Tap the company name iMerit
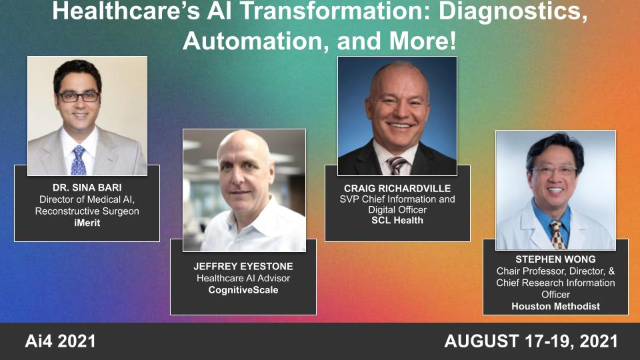tap(87, 223)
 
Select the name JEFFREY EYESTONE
tap(243, 266)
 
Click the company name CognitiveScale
tap(243, 290)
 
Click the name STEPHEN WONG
tap(555, 259)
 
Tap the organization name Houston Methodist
tap(555, 306)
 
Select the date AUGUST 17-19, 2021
tap(531, 342)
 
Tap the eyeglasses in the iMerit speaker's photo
tap(78, 97)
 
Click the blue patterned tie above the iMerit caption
tap(79, 160)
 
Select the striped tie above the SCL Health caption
tap(397, 164)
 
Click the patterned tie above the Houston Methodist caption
tap(556, 234)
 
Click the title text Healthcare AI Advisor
tap(243, 278)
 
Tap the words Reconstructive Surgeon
tap(87, 211)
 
